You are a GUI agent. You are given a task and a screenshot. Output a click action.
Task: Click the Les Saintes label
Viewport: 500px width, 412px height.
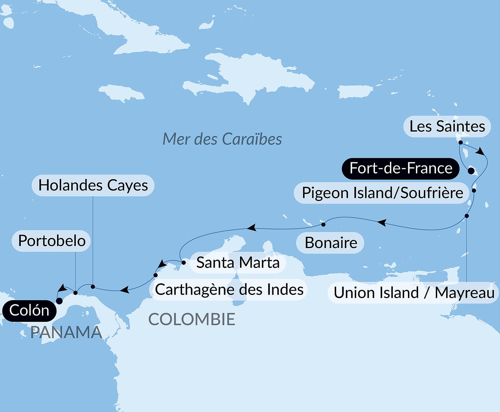[447, 127]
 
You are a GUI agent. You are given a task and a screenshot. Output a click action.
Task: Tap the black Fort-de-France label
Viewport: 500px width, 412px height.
[401, 168]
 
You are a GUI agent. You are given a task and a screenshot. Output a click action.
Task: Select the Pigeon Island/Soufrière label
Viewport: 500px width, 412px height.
[382, 193]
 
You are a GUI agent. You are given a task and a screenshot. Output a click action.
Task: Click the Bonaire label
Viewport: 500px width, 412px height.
[330, 243]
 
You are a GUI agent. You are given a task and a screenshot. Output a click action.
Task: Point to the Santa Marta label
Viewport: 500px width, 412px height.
[238, 263]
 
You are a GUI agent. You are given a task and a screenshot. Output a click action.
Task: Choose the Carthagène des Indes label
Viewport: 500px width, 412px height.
[229, 289]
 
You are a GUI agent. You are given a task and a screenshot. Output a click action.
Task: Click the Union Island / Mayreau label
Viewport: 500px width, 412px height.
[413, 293]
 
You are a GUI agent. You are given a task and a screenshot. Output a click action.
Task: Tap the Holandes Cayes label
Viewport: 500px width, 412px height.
[93, 185]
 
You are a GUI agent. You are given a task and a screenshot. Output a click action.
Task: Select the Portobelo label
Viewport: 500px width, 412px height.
[52, 241]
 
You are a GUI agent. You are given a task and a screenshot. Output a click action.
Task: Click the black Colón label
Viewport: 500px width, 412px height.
[29, 311]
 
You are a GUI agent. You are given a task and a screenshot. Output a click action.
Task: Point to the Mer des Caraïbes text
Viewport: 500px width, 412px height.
[222, 139]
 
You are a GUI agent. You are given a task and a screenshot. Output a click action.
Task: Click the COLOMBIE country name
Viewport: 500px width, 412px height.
[192, 319]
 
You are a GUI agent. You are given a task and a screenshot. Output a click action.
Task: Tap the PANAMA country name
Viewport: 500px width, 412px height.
[66, 332]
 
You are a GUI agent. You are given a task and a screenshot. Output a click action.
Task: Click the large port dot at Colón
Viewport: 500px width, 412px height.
[59, 301]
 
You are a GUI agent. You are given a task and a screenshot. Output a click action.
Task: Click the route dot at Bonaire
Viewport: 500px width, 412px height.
[323, 224]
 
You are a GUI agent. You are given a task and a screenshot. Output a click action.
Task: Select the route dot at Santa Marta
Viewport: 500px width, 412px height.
[183, 263]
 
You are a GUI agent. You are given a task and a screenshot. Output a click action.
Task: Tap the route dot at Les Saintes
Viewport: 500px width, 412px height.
[460, 142]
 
